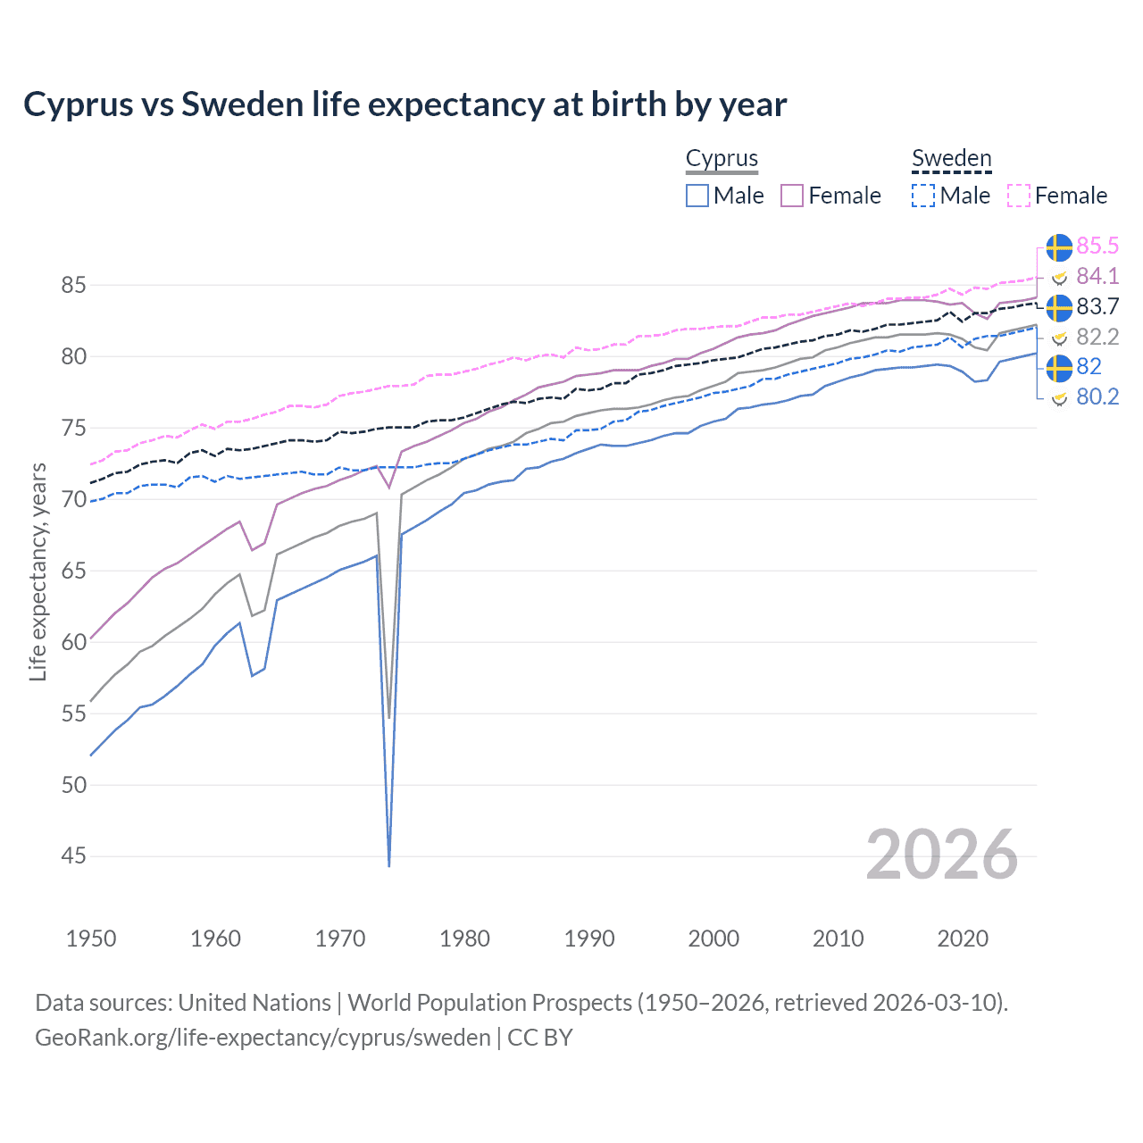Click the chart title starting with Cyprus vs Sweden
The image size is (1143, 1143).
[x=405, y=104]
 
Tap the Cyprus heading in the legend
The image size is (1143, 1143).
[x=722, y=158]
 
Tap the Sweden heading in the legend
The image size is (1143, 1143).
[x=951, y=158]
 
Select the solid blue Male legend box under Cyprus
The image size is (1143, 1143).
[x=697, y=196]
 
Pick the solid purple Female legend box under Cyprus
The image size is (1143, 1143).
[x=793, y=196]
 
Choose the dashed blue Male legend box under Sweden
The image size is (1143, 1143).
[x=923, y=196]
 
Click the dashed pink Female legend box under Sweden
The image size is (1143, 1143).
[x=1019, y=196]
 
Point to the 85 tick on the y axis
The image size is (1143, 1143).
[x=73, y=286]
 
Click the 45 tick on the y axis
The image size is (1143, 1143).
[x=73, y=856]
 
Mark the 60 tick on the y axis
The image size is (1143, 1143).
[x=73, y=642]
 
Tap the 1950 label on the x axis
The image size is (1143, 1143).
[x=91, y=939]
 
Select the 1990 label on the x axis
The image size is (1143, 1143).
[x=589, y=939]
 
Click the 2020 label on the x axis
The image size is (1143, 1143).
[x=963, y=939]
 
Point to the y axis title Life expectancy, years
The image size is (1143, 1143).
[x=38, y=571]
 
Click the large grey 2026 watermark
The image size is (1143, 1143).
[x=941, y=855]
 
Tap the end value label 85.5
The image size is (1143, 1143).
[x=1097, y=246]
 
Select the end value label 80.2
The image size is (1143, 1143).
[x=1097, y=396]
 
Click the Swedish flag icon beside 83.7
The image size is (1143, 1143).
[x=1059, y=306]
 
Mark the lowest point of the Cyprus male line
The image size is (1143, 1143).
[x=389, y=865]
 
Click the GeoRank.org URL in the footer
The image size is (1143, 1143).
[x=263, y=1038]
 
